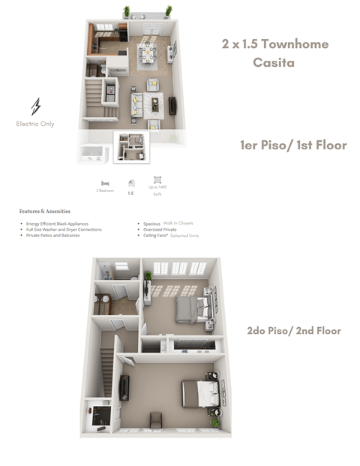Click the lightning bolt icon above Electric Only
pyautogui.click(x=35, y=106)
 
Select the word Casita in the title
pyautogui.click(x=273, y=63)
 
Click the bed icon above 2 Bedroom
pyautogui.click(x=105, y=182)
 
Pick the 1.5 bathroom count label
pyautogui.click(x=130, y=193)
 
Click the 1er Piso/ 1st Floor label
pyautogui.click(x=292, y=145)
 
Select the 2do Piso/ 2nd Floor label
pyautogui.click(x=294, y=330)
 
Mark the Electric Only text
pyautogui.click(x=35, y=124)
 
